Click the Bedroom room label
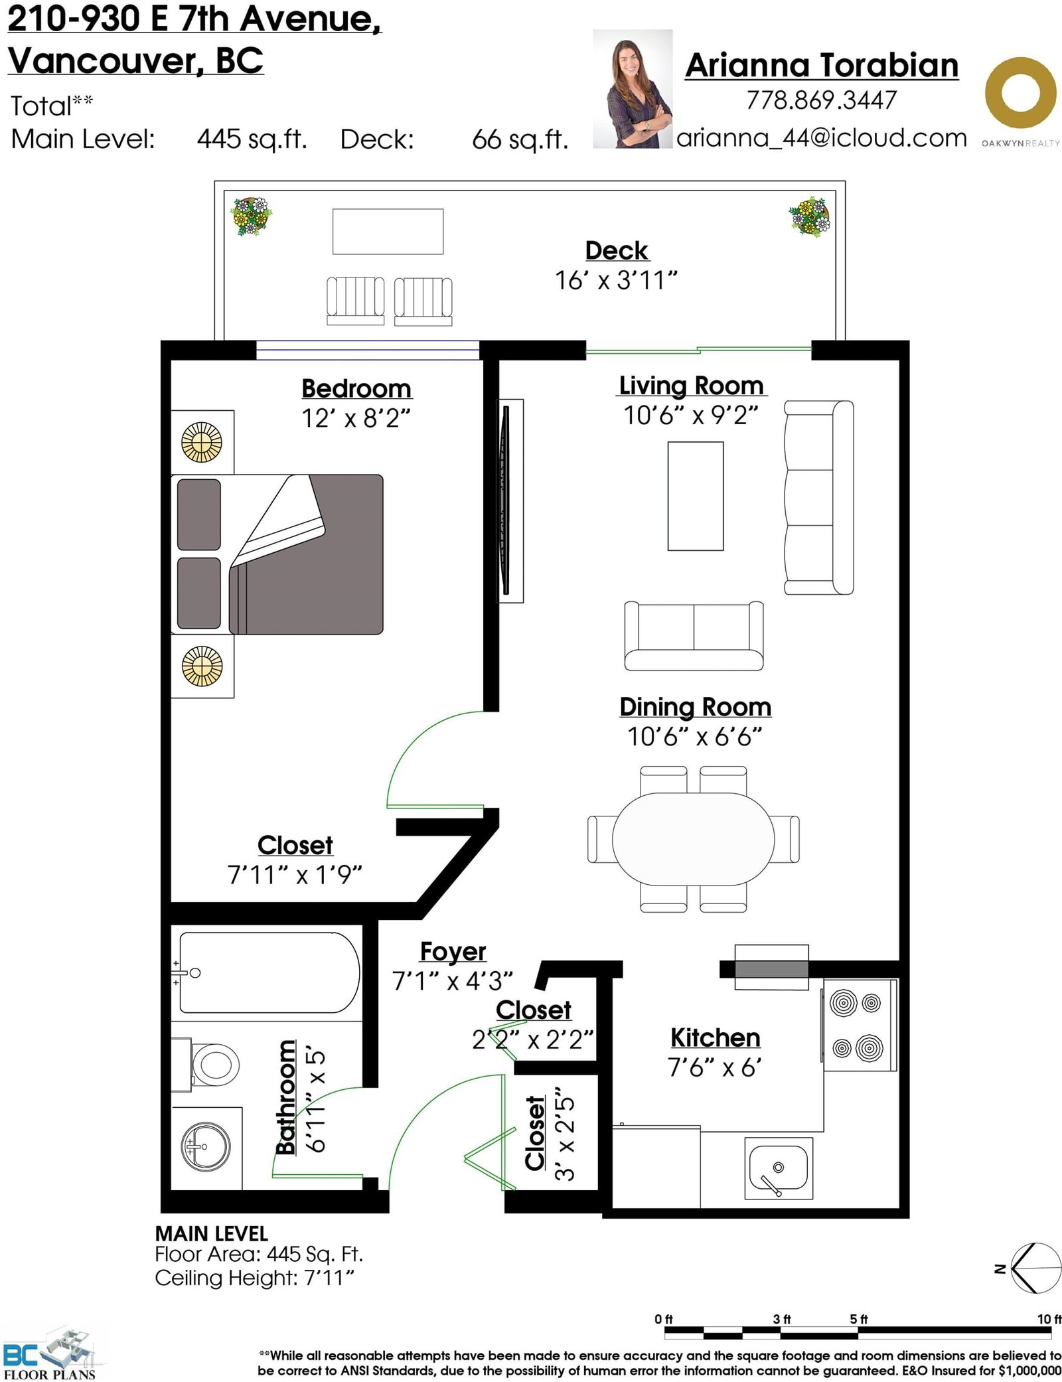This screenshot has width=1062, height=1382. tap(356, 388)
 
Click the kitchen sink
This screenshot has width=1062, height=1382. tap(779, 1169)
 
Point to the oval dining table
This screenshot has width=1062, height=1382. tap(693, 839)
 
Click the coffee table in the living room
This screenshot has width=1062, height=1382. tap(696, 496)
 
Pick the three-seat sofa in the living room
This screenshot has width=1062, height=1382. tap(818, 497)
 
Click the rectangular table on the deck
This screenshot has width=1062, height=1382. tap(388, 231)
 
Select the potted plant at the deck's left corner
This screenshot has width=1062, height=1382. tap(251, 216)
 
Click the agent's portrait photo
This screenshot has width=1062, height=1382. tap(633, 89)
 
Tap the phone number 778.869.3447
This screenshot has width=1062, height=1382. tap(822, 100)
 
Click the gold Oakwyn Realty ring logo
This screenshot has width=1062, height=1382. tap(1020, 93)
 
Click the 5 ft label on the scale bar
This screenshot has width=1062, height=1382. tap(858, 1319)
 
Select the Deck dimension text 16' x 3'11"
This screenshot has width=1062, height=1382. tap(616, 280)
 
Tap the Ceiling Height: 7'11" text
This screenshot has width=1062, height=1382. tap(254, 1278)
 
